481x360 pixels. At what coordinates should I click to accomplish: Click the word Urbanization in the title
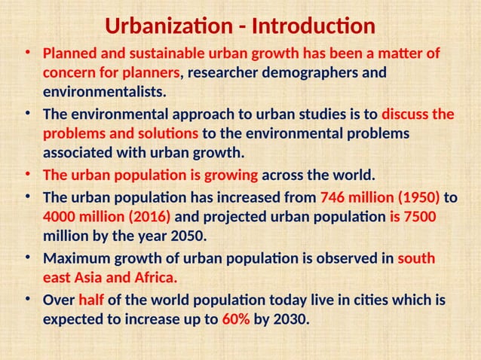pos(167,27)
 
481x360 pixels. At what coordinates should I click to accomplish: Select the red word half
pos(90,301)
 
